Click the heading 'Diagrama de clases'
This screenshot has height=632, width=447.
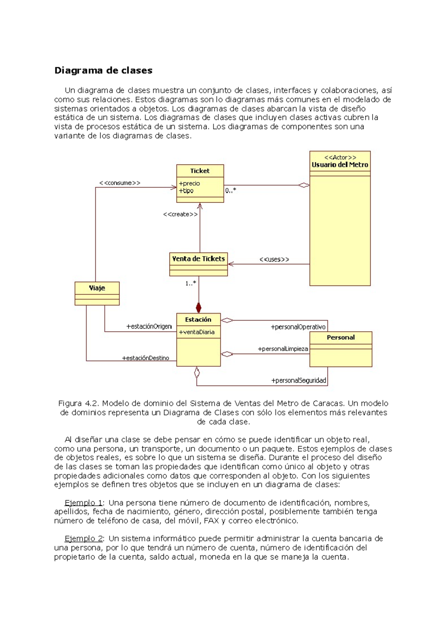(x=103, y=71)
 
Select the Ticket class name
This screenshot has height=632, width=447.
(x=200, y=171)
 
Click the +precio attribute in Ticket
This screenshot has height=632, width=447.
(x=189, y=183)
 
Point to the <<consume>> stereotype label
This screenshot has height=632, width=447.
(x=120, y=183)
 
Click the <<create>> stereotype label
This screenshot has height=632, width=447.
(x=180, y=214)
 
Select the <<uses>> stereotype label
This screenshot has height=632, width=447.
(x=274, y=259)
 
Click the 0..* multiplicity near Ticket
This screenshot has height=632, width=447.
(x=231, y=191)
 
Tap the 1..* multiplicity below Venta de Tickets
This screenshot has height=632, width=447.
(x=191, y=284)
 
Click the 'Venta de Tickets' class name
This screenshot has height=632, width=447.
(x=198, y=259)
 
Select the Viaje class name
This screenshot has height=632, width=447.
(x=97, y=288)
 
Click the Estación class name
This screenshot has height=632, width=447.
(x=198, y=320)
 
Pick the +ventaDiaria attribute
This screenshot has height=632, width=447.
(x=197, y=332)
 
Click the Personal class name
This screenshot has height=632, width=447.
(x=340, y=338)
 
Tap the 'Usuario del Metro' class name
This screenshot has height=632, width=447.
(x=340, y=165)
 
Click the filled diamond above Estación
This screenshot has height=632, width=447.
(x=199, y=308)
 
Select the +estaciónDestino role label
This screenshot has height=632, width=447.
(x=146, y=358)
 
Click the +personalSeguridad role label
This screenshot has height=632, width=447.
(x=298, y=381)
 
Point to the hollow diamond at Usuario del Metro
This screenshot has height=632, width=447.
(x=304, y=185)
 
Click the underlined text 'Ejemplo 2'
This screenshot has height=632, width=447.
(x=84, y=539)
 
